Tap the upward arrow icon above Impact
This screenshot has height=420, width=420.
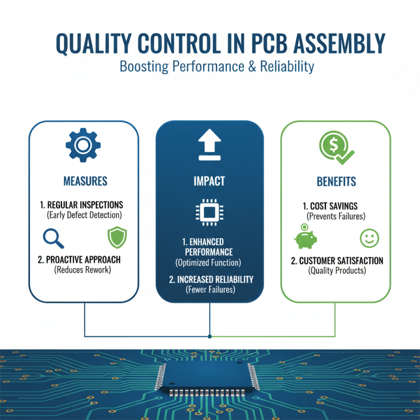click(209, 146)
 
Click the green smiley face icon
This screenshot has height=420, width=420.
click(369, 238)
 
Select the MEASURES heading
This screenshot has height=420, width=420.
click(85, 182)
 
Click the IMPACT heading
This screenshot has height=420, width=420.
click(209, 182)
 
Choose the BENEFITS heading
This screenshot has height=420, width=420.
click(336, 182)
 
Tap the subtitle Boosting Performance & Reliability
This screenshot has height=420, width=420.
click(217, 67)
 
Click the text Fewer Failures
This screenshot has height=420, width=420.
click(209, 289)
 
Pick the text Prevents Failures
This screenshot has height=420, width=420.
click(336, 216)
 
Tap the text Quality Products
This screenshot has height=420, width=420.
click(336, 271)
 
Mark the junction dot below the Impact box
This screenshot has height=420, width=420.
click(210, 336)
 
